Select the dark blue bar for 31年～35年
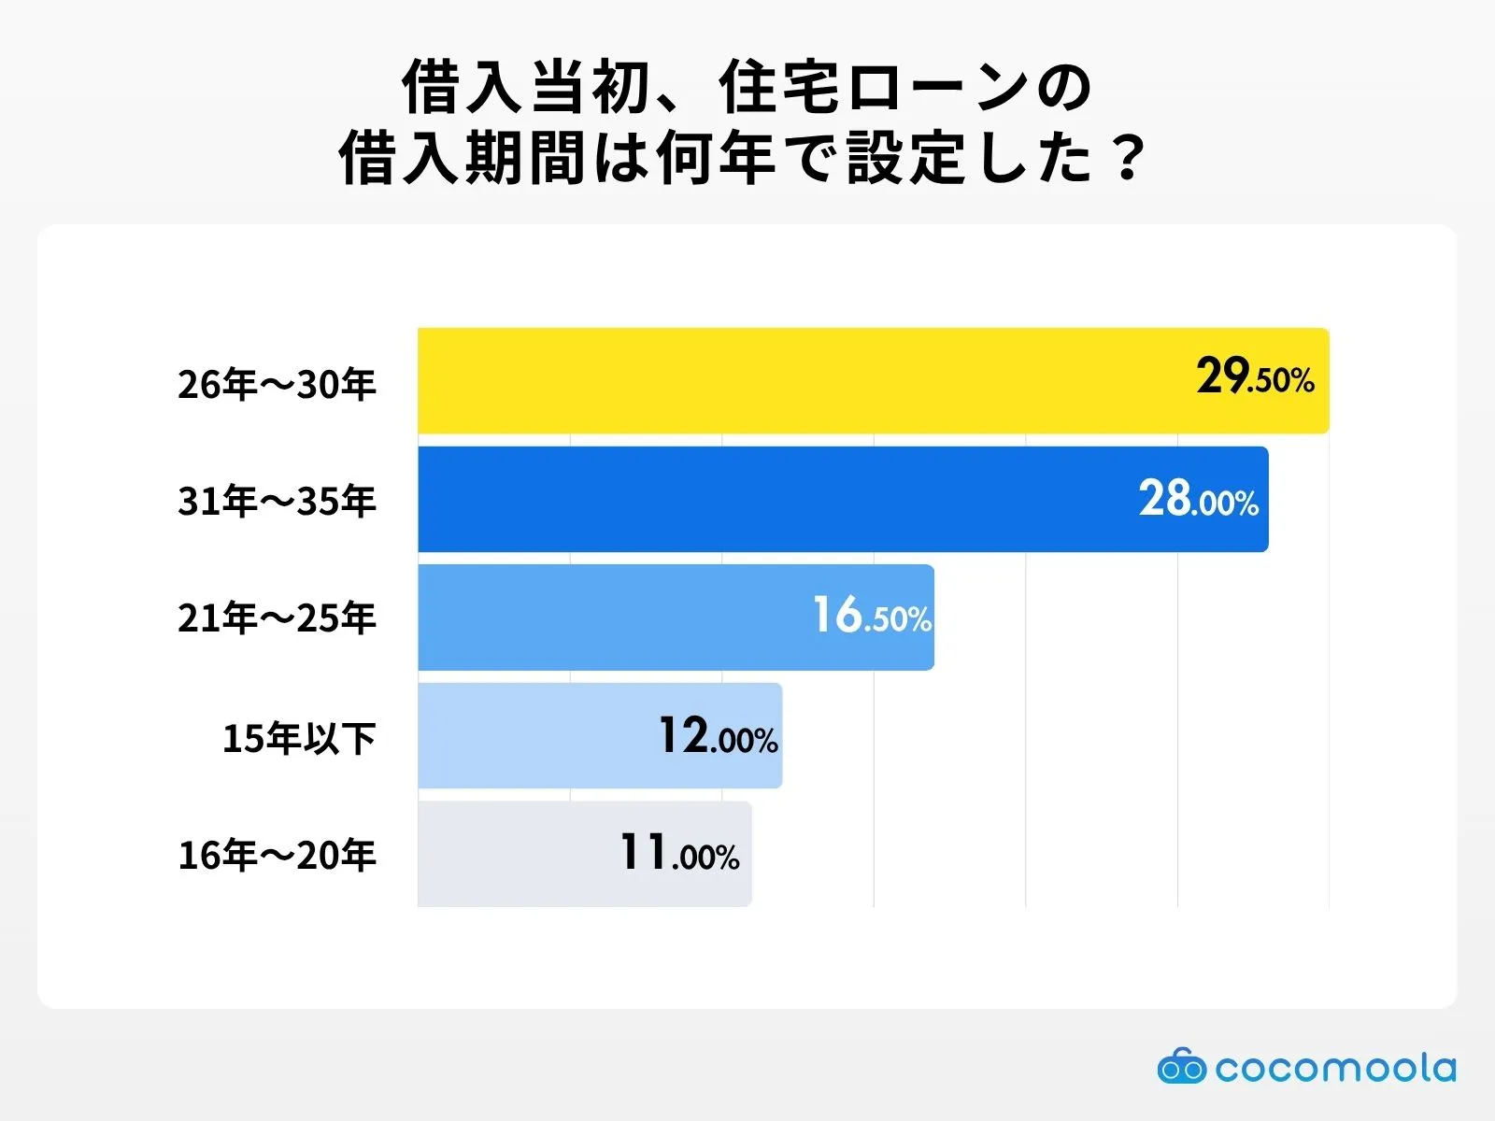[766, 500]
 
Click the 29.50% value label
[1255, 377]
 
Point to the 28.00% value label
[1198, 499]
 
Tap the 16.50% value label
[871, 617]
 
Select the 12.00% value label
[718, 736]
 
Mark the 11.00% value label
[679, 854]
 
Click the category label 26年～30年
[277, 384]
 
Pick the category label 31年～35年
[277, 502]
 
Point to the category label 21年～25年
[277, 618]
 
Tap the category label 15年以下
[299, 738]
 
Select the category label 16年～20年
[277, 855]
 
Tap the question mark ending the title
[1129, 158]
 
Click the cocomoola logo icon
[1181, 1067]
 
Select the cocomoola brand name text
[1335, 1068]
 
